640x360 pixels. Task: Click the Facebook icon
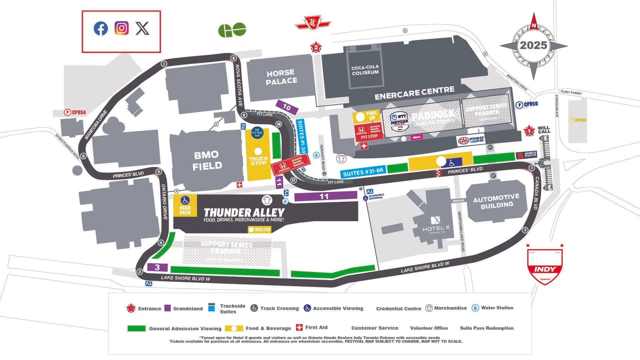tap(101, 29)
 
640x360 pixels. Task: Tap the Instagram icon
tap(122, 28)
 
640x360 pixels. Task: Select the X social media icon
tap(142, 29)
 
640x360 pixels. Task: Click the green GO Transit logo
tap(232, 30)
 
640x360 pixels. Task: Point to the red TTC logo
tap(313, 23)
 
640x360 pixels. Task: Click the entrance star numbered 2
tap(316, 47)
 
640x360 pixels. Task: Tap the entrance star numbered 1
tap(529, 131)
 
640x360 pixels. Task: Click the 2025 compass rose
tap(533, 46)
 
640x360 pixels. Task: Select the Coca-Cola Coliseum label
tap(365, 70)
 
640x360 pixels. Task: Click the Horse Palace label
tap(281, 77)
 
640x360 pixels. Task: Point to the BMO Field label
tap(207, 160)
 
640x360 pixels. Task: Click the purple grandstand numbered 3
tap(157, 267)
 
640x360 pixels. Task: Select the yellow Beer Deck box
tap(185, 206)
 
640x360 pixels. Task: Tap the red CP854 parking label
tap(75, 113)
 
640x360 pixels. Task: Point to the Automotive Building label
tap(496, 201)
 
